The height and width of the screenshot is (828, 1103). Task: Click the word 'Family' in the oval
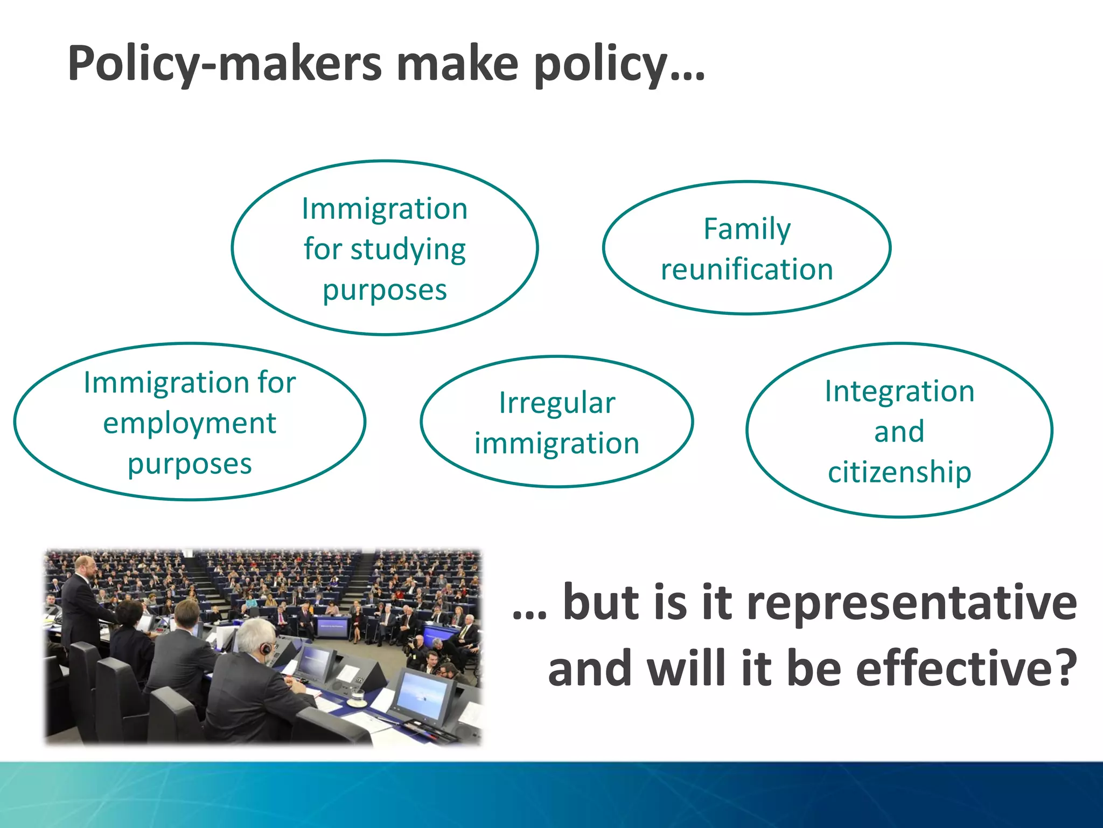tap(747, 229)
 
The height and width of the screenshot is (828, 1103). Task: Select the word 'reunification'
tap(747, 269)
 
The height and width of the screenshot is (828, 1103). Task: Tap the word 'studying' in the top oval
tap(408, 250)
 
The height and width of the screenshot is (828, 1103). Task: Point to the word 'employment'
tap(190, 423)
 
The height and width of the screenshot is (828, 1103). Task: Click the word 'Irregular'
tap(557, 403)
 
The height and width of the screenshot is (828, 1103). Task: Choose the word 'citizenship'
tap(899, 472)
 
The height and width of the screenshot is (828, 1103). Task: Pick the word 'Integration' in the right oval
tap(899, 391)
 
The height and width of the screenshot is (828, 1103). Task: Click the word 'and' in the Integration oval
tap(899, 431)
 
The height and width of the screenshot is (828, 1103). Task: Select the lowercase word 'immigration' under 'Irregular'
tap(557, 443)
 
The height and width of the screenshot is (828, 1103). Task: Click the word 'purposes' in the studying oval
tap(385, 290)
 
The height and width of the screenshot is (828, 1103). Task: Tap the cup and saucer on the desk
tap(356, 701)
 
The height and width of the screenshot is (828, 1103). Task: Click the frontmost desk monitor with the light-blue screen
tap(424, 696)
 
